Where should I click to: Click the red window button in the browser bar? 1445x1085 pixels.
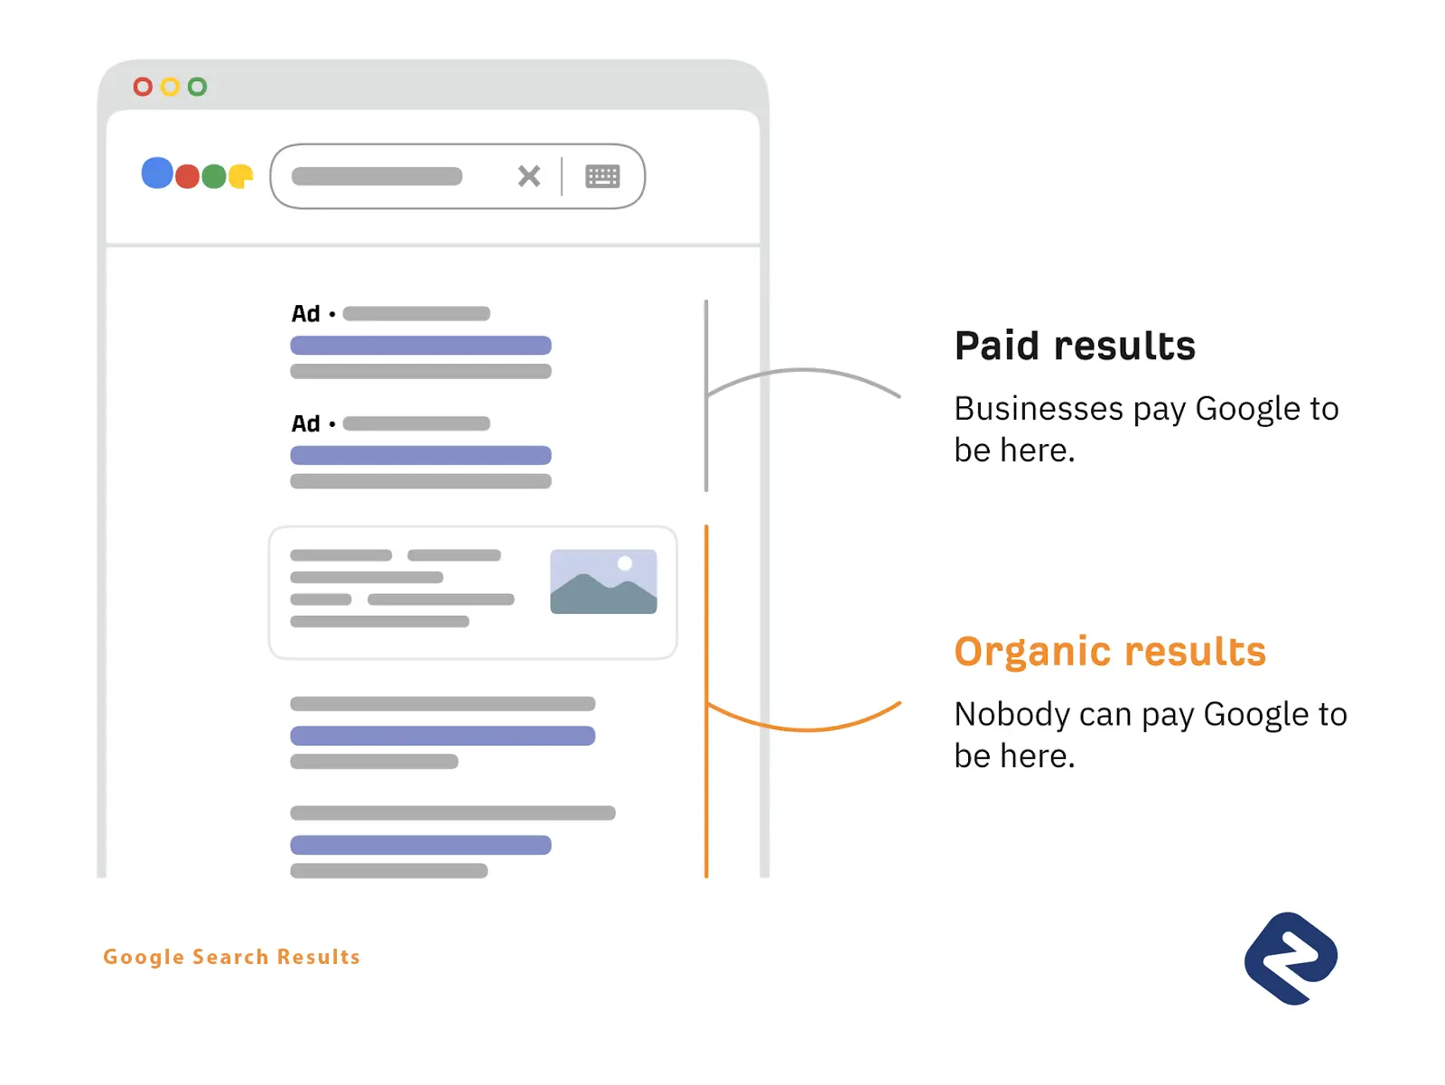click(143, 87)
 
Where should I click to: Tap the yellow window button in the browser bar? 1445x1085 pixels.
click(170, 87)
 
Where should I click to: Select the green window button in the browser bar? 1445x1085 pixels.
click(197, 87)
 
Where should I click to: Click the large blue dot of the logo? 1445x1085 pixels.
click(157, 172)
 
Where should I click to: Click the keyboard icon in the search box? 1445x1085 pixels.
click(602, 176)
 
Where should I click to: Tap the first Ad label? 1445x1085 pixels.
click(305, 314)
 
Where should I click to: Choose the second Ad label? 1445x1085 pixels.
click(305, 423)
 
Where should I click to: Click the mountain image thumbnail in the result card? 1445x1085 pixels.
click(603, 581)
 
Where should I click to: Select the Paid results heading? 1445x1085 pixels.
click(1075, 346)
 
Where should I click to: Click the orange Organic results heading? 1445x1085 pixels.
click(1110, 652)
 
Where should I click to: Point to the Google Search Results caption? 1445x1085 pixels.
click(231, 957)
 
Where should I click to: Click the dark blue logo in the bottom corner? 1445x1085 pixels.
click(1291, 959)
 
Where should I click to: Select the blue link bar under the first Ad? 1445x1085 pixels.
click(421, 345)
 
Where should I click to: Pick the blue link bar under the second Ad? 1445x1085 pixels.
click(421, 455)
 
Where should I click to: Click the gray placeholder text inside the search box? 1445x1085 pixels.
click(377, 176)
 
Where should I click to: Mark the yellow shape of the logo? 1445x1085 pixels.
click(240, 176)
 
